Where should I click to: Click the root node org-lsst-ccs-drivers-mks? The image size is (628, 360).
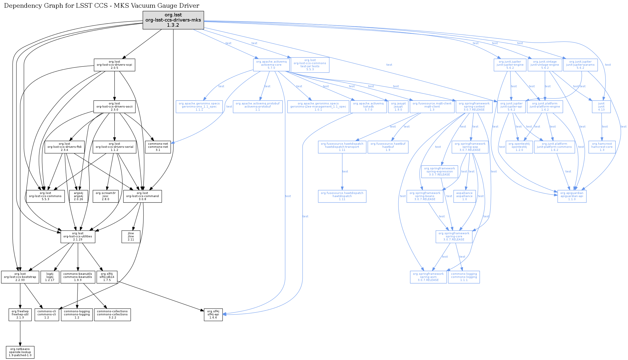tap(173, 20)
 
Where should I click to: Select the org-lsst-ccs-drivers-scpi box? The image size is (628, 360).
tap(114, 65)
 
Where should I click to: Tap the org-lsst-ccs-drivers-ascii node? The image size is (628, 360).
tap(114, 106)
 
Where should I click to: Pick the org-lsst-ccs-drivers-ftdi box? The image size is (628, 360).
tap(64, 147)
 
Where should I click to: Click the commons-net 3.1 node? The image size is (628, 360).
tap(158, 147)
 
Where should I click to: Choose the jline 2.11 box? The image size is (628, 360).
tap(131, 237)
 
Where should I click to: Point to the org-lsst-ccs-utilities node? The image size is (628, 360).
tap(78, 237)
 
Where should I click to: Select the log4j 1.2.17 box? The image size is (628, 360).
tap(50, 277)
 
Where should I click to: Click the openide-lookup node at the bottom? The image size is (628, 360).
tap(20, 352)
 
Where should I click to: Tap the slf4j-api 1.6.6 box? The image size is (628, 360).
tap(213, 315)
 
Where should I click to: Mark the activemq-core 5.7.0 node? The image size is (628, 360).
tap(271, 65)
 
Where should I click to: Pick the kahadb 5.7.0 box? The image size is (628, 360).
tap(368, 106)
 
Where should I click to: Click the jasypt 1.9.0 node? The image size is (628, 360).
tap(398, 106)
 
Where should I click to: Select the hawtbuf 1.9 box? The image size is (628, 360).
tap(388, 147)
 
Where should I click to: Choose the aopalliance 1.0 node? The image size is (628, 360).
tap(464, 196)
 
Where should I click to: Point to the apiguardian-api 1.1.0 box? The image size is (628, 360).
tap(572, 196)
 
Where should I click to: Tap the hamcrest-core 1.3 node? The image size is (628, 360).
tap(602, 147)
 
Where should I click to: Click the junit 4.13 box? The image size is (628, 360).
tap(601, 106)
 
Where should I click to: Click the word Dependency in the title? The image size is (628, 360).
tap(20, 6)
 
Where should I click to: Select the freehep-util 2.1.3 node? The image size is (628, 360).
tap(20, 315)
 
